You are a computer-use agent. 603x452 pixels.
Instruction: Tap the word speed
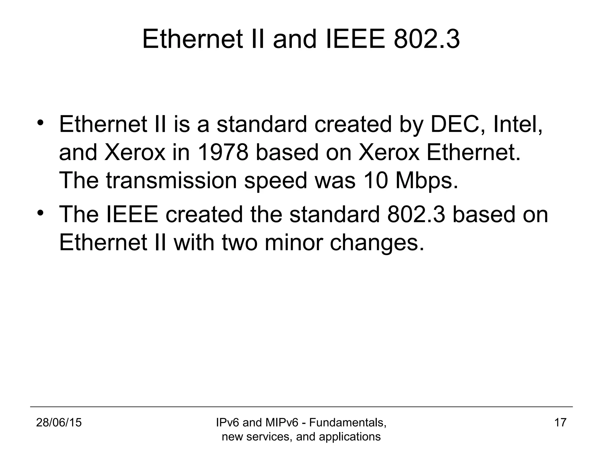point(276,181)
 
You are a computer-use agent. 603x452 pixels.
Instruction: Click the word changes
point(377,243)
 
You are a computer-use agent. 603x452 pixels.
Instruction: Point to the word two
point(240,242)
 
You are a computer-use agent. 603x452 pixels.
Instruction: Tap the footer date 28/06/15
point(59,423)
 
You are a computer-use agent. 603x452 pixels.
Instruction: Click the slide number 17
point(560,423)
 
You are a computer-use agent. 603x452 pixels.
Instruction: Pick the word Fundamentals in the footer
point(347,423)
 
